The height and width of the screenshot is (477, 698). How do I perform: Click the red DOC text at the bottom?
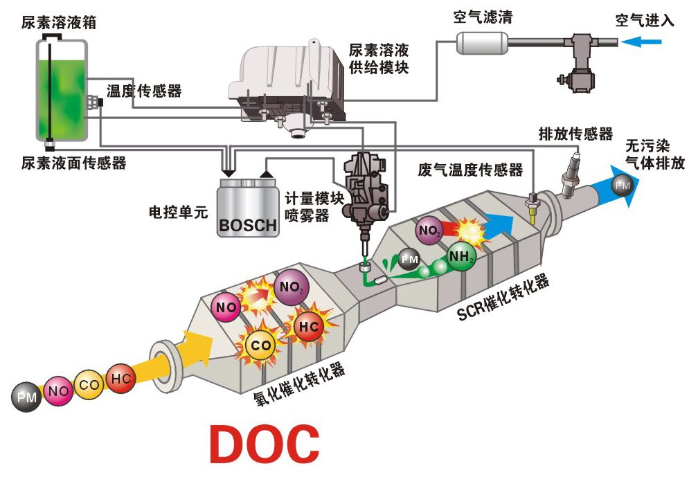(x=265, y=443)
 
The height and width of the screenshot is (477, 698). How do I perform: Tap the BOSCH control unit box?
(x=248, y=208)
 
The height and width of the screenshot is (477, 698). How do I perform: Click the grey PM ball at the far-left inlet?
(x=27, y=397)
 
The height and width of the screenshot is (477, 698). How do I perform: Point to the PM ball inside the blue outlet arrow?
(x=623, y=186)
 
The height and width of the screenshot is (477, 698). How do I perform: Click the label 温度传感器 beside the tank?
(x=143, y=91)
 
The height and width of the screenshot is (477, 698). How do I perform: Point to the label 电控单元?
(x=179, y=211)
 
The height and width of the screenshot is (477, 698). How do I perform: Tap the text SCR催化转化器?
(x=503, y=298)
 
